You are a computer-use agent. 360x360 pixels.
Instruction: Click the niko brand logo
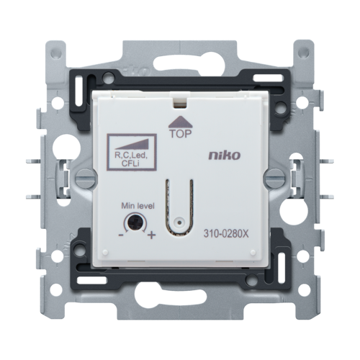click(225, 156)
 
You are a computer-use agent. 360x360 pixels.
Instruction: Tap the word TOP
click(181, 134)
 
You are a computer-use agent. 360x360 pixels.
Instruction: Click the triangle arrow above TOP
click(181, 122)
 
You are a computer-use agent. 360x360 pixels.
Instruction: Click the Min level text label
click(138, 206)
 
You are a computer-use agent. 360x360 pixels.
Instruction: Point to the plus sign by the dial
click(151, 235)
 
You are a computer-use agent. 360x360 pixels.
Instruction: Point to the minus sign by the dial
click(121, 235)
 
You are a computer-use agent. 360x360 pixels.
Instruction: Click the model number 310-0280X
click(226, 234)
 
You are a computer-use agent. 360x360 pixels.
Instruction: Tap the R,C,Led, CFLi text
click(131, 159)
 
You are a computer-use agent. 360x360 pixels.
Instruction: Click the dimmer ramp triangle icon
click(132, 145)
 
